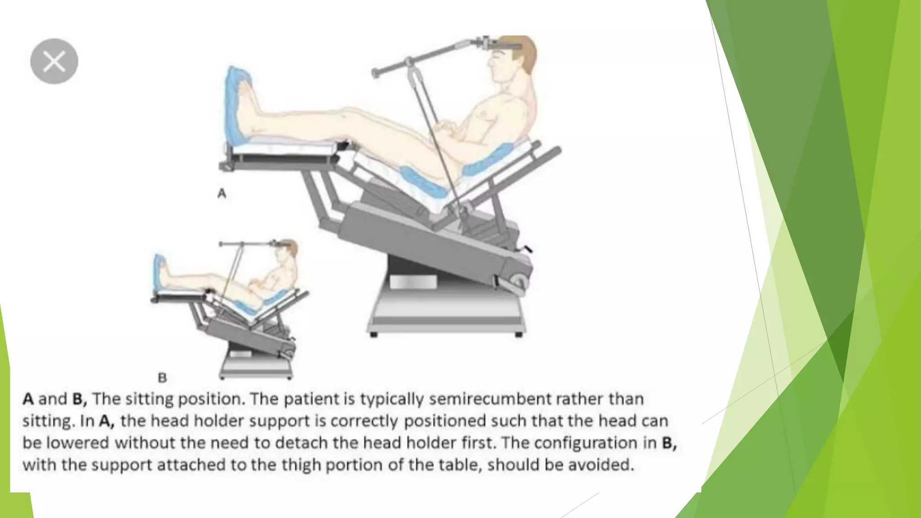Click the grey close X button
[54, 61]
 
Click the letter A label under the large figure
[222, 193]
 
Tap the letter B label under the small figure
[162, 378]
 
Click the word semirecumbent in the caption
[490, 399]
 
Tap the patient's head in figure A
[513, 63]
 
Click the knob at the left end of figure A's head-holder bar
[375, 72]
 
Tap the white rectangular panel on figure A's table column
[413, 282]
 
